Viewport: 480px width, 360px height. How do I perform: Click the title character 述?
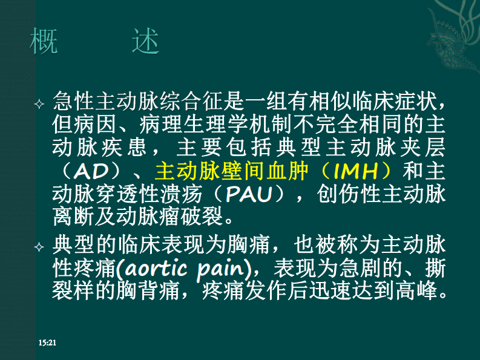[x=145, y=42]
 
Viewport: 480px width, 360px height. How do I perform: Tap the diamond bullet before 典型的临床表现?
[x=40, y=247]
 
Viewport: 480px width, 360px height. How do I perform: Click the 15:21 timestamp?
[x=47, y=343]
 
